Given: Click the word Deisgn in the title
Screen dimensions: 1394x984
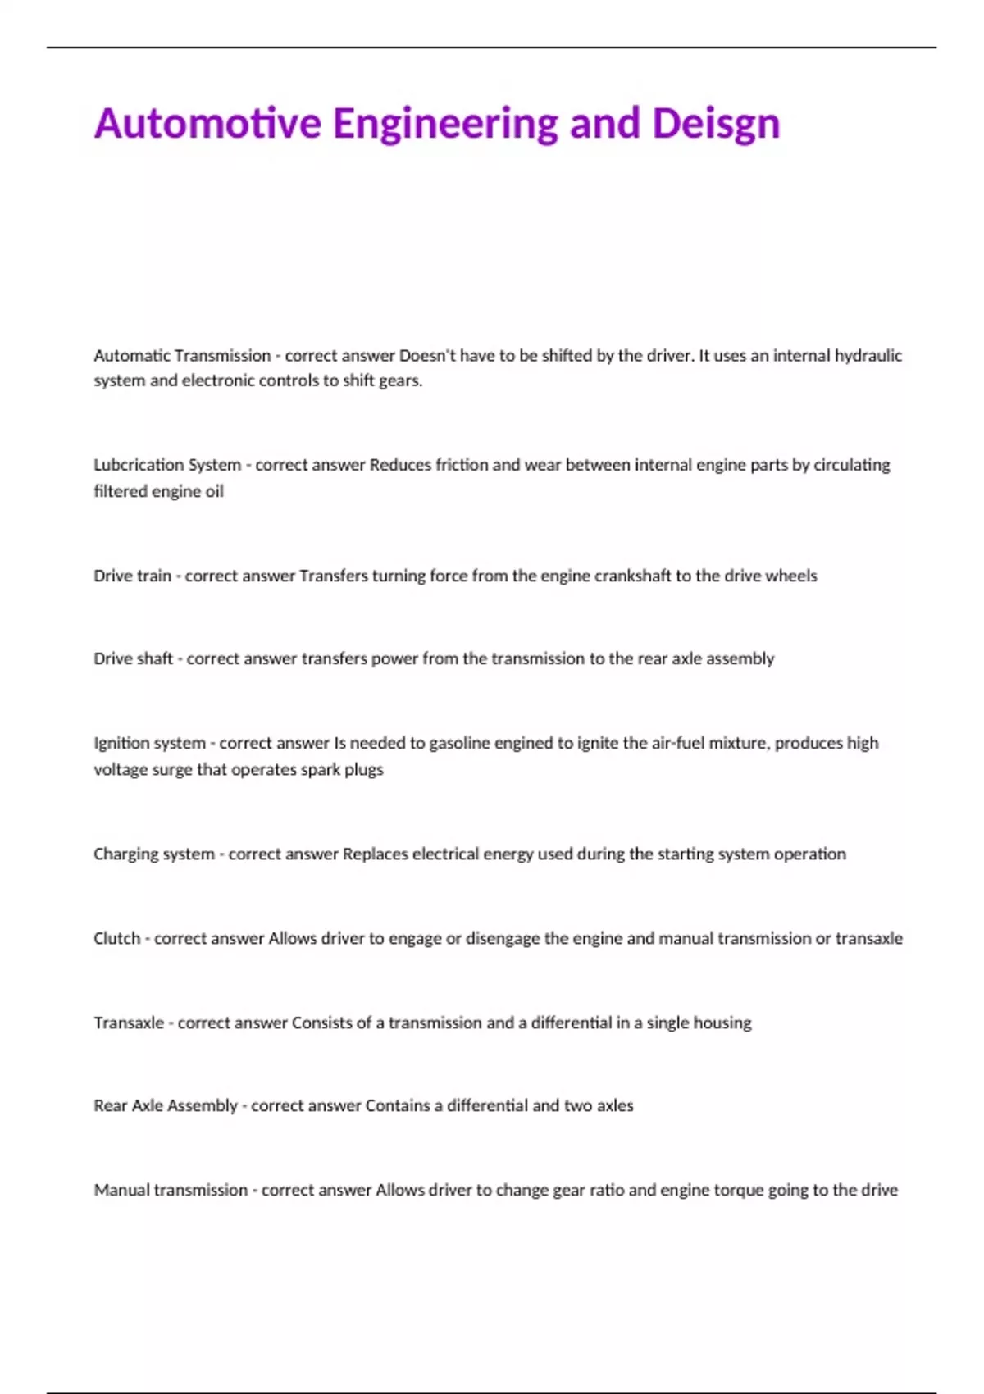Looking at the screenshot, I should pyautogui.click(x=715, y=123).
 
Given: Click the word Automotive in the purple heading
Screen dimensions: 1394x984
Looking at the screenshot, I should pyautogui.click(x=207, y=123).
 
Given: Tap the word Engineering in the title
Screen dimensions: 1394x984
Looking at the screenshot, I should pyautogui.click(x=445, y=125).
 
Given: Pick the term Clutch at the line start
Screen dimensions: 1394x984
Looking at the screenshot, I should pyautogui.click(x=116, y=938).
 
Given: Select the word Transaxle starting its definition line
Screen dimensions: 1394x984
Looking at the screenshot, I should pyautogui.click(x=129, y=1023).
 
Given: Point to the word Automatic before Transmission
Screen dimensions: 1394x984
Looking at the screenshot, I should pyautogui.click(x=131, y=356).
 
